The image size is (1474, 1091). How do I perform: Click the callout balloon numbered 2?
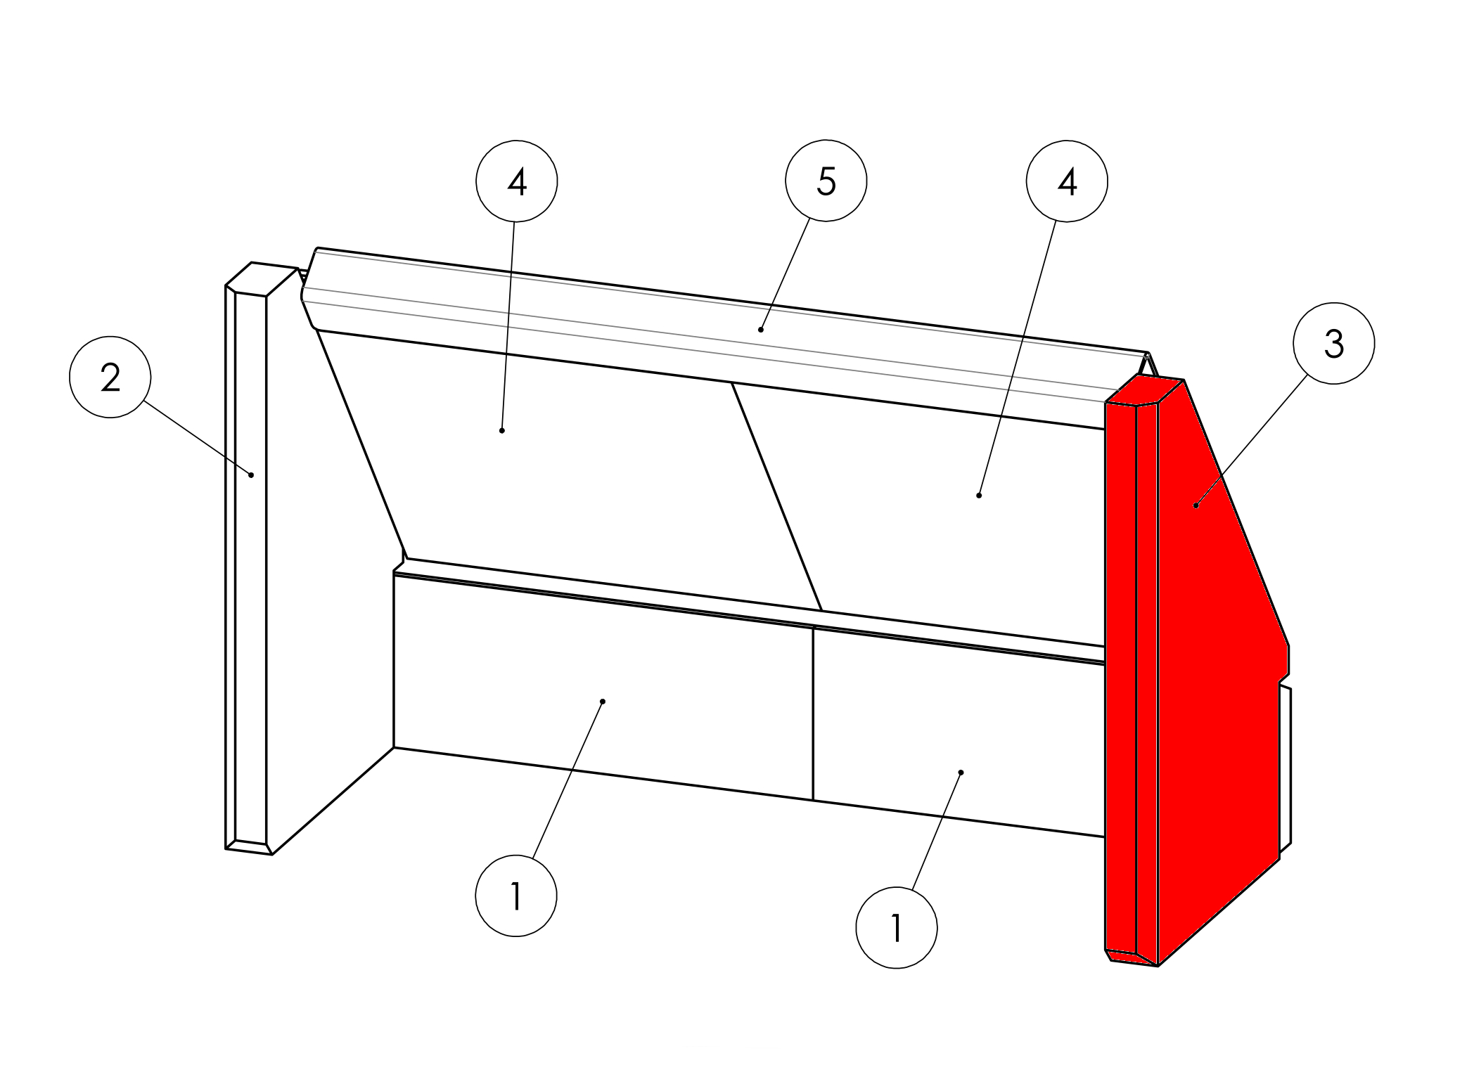[x=110, y=377]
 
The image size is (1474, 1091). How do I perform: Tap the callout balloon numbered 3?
[x=1334, y=344]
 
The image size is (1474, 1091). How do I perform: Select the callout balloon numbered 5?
[x=826, y=181]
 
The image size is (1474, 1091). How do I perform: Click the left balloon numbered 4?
[x=517, y=181]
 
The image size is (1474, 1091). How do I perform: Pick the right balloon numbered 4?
[x=1068, y=181]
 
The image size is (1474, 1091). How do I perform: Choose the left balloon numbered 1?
[x=516, y=896]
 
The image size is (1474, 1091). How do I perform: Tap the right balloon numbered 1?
[x=897, y=929]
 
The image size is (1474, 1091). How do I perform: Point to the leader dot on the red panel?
[x=1196, y=505]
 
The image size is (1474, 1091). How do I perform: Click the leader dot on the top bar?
[x=761, y=330]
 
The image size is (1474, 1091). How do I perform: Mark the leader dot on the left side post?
[x=251, y=475]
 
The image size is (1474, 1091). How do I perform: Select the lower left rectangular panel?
[x=603, y=685]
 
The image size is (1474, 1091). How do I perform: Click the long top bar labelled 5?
[x=724, y=337]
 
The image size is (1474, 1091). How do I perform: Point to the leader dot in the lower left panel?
[x=603, y=702]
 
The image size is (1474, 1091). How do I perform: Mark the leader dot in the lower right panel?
[x=961, y=773]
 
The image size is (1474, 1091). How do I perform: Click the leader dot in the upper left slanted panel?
[x=502, y=430]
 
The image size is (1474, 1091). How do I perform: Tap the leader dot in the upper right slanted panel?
[x=979, y=496]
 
